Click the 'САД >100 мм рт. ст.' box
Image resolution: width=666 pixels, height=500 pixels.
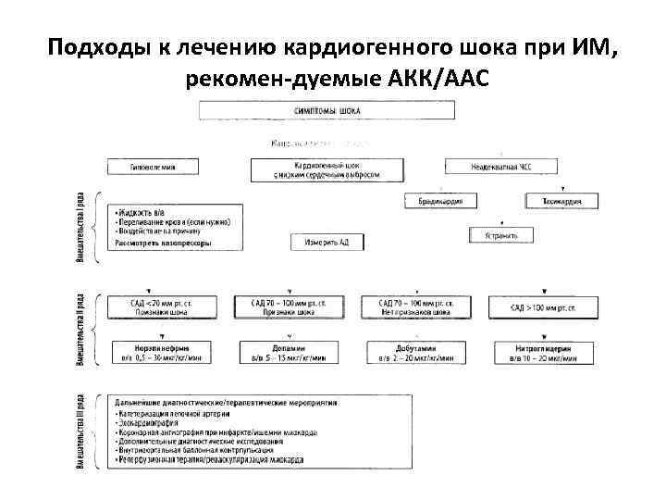tap(545, 307)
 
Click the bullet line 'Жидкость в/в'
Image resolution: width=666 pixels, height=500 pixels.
tap(140, 213)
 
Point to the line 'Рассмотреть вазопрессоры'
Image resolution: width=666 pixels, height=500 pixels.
tap(163, 244)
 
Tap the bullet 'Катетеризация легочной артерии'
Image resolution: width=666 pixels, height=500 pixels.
tap(177, 414)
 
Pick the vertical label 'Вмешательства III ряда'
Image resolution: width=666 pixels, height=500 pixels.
tap(81, 433)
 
